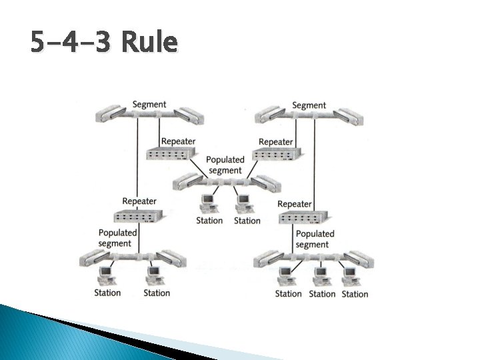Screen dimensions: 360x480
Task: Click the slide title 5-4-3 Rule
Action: click(x=104, y=43)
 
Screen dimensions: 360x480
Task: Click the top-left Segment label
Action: click(x=149, y=105)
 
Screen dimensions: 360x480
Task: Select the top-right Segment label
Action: click(x=309, y=105)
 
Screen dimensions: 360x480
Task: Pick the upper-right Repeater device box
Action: click(x=277, y=154)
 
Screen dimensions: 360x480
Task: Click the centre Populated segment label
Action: click(x=225, y=165)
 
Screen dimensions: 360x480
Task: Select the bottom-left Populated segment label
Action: click(x=117, y=238)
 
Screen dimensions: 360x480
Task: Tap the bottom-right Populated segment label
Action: click(x=314, y=239)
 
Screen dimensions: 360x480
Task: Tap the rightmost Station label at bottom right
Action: click(x=355, y=294)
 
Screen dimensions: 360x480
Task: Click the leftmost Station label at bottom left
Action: click(x=107, y=293)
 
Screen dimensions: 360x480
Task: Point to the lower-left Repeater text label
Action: click(x=139, y=201)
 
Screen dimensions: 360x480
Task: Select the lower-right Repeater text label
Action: click(x=294, y=204)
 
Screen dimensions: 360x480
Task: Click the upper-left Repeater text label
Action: click(x=178, y=141)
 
